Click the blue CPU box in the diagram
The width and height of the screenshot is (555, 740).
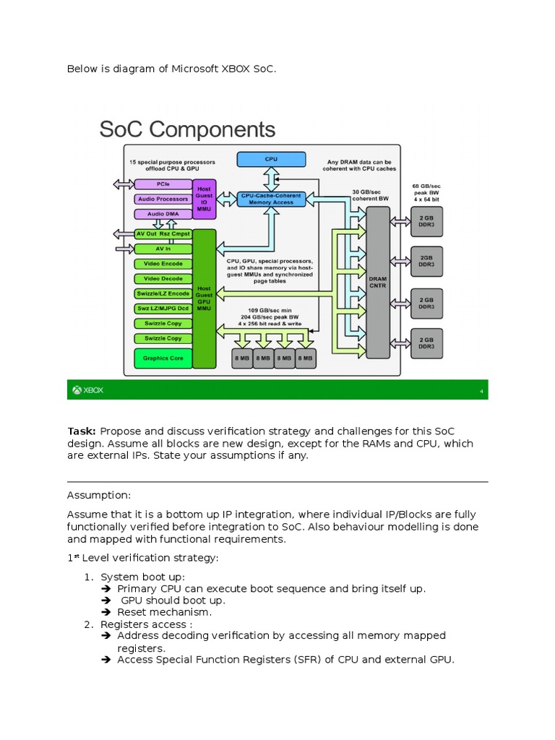tap(270, 158)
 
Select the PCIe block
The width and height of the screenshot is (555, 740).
tap(163, 184)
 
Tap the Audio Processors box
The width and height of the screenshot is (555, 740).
tap(163, 199)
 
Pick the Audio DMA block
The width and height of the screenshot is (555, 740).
tap(163, 214)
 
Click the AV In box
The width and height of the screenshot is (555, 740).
tap(163, 249)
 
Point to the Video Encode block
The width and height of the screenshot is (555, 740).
tap(163, 264)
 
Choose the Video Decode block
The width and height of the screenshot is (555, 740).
tap(163, 278)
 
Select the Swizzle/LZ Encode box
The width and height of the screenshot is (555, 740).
tap(163, 293)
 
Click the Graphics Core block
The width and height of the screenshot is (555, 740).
tap(163, 358)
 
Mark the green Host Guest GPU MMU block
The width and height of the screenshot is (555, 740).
tap(205, 298)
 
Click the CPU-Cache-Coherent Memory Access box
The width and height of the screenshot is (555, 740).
tap(272, 199)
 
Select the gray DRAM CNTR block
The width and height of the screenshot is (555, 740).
tap(377, 282)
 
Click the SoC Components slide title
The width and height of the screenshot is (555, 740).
tap(187, 129)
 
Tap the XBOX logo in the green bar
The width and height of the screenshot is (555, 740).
tap(87, 390)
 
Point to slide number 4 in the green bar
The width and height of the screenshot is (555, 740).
tap(481, 391)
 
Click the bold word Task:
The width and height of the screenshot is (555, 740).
tap(82, 431)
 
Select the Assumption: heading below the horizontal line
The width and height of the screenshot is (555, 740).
tap(98, 496)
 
